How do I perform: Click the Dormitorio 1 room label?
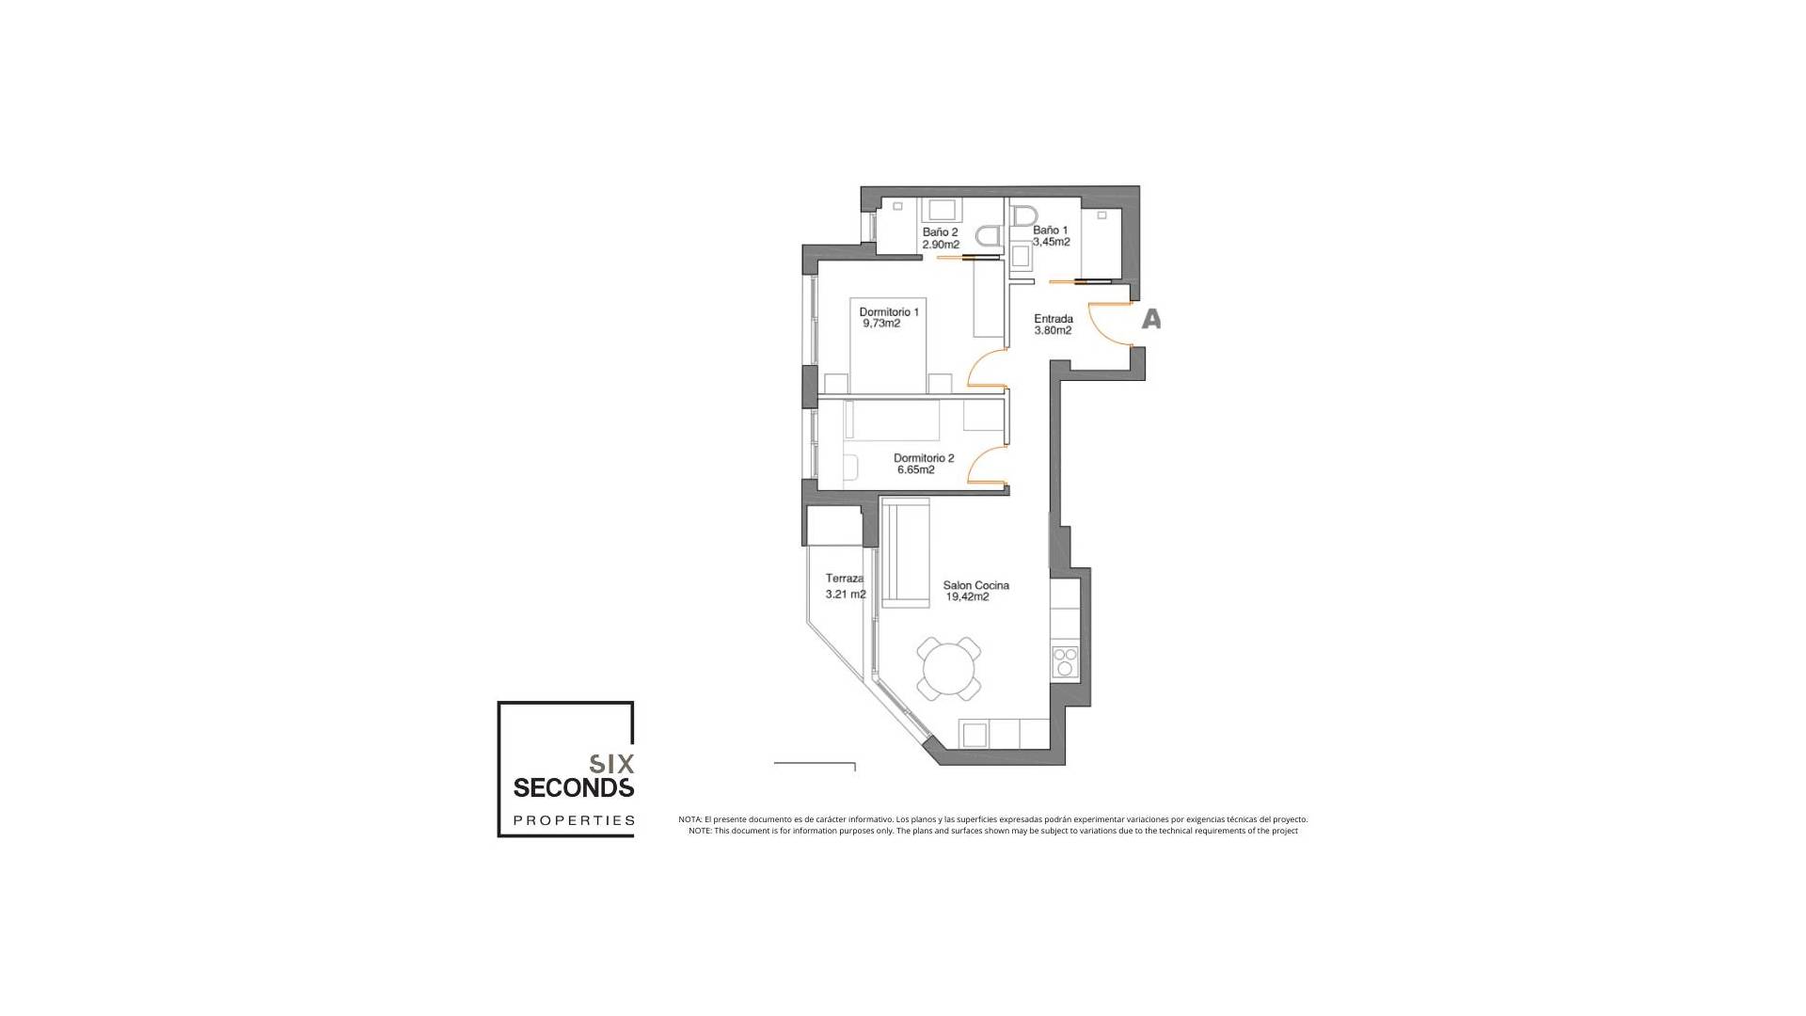(889, 312)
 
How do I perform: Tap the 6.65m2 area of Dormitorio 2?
(915, 470)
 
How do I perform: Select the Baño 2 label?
(940, 232)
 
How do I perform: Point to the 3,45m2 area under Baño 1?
(1051, 242)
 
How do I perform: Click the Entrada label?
(1053, 319)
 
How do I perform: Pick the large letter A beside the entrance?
(1150, 320)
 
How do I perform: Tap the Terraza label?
(845, 579)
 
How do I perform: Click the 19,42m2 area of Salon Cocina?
(967, 597)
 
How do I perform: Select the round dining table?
(949, 670)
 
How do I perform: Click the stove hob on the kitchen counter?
(1065, 661)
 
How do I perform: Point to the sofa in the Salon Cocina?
(905, 555)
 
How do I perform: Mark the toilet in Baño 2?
(989, 235)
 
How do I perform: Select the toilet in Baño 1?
(1023, 216)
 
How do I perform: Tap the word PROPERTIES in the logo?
(574, 820)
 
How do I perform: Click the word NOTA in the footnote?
(689, 819)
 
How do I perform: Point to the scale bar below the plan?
(815, 765)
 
